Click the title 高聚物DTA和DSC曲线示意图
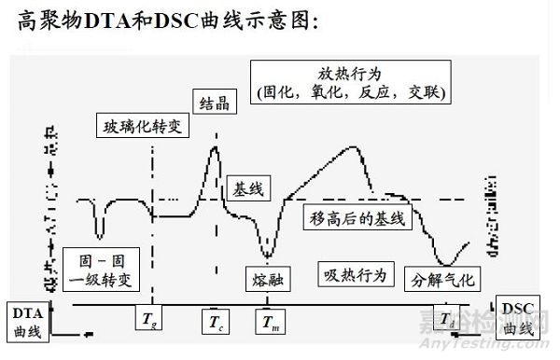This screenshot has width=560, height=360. [x=169, y=20]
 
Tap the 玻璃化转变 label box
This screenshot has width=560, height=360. [x=141, y=126]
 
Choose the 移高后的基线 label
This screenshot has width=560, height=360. [x=356, y=218]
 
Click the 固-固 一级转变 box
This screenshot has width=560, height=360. [x=98, y=269]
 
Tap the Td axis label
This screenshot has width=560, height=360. [x=449, y=321]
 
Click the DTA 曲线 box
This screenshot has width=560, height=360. [x=25, y=319]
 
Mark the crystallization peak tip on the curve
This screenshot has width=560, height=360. [x=216, y=145]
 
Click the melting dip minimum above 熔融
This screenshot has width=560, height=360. [x=268, y=254]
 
